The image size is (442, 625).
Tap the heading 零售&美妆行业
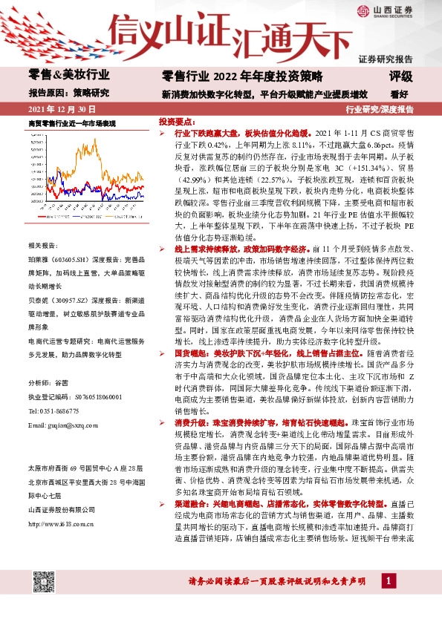(68, 75)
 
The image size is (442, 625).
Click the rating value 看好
(400, 94)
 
